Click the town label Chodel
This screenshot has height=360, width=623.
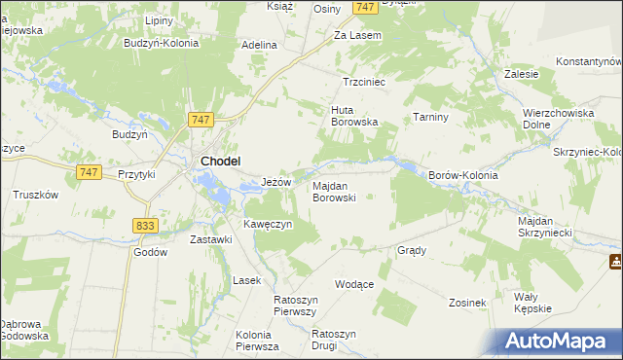pyautogui.click(x=220, y=162)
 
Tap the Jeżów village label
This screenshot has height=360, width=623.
pyautogui.click(x=278, y=182)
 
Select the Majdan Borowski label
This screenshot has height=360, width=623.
pyautogui.click(x=334, y=191)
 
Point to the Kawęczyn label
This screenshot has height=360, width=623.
pyautogui.click(x=268, y=225)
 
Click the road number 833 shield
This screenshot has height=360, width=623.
pyautogui.click(x=145, y=225)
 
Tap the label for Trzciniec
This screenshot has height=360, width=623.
pyautogui.click(x=365, y=83)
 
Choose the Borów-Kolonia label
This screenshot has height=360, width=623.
pyautogui.click(x=463, y=175)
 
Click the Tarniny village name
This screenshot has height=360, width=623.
pyautogui.click(x=429, y=117)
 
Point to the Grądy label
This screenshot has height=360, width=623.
pyautogui.click(x=412, y=250)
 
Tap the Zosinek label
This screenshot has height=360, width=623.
pyautogui.click(x=467, y=303)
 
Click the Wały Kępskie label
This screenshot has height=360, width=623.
pyautogui.click(x=532, y=302)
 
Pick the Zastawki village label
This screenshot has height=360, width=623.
pyautogui.click(x=211, y=239)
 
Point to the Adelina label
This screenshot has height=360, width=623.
pyautogui.click(x=260, y=45)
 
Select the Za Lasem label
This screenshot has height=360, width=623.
pyautogui.click(x=357, y=35)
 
